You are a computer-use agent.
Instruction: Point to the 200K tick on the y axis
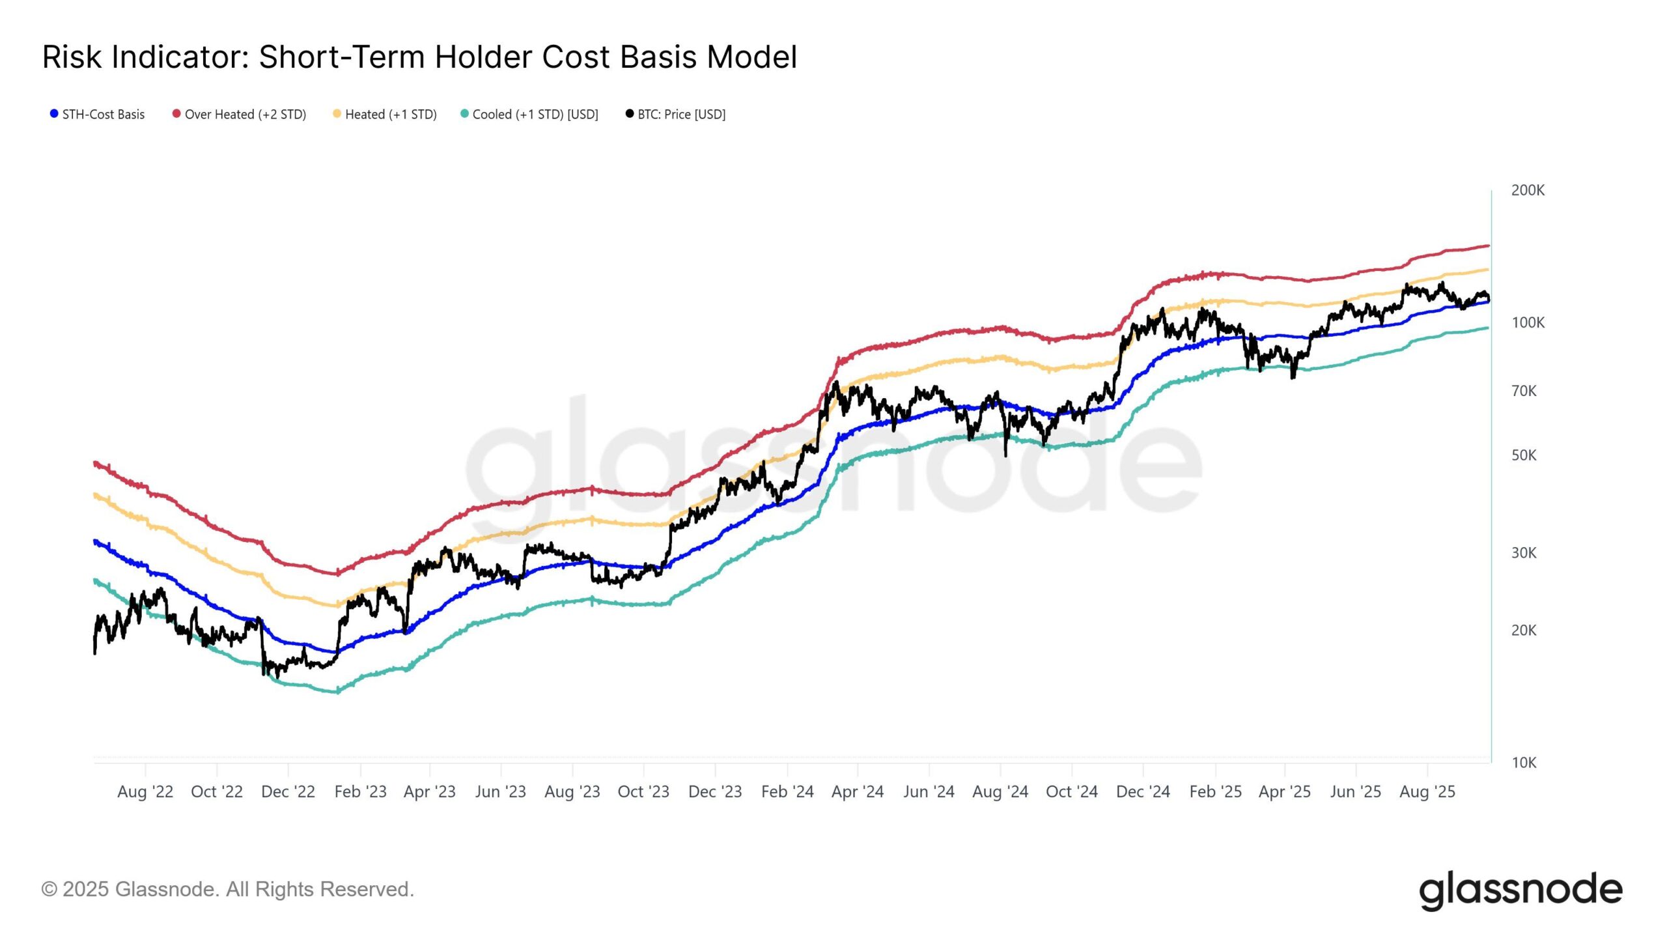click(1528, 190)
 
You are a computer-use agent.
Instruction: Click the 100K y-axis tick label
click(1528, 322)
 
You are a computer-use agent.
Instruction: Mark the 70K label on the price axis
click(1524, 391)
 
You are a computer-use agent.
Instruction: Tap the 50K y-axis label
click(1524, 455)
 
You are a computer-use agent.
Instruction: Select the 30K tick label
click(1524, 553)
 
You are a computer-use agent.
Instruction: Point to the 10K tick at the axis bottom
click(1524, 763)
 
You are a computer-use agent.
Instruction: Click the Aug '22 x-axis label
click(145, 792)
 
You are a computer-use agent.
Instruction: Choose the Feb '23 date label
click(360, 792)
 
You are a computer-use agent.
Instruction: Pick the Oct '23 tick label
click(643, 792)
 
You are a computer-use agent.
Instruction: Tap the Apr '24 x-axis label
click(858, 792)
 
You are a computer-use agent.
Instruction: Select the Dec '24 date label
click(1143, 792)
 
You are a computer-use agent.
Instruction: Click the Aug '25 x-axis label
click(1427, 792)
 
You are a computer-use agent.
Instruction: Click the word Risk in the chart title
click(72, 57)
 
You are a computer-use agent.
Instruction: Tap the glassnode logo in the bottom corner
click(1520, 890)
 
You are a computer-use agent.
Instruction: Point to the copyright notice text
click(228, 889)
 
